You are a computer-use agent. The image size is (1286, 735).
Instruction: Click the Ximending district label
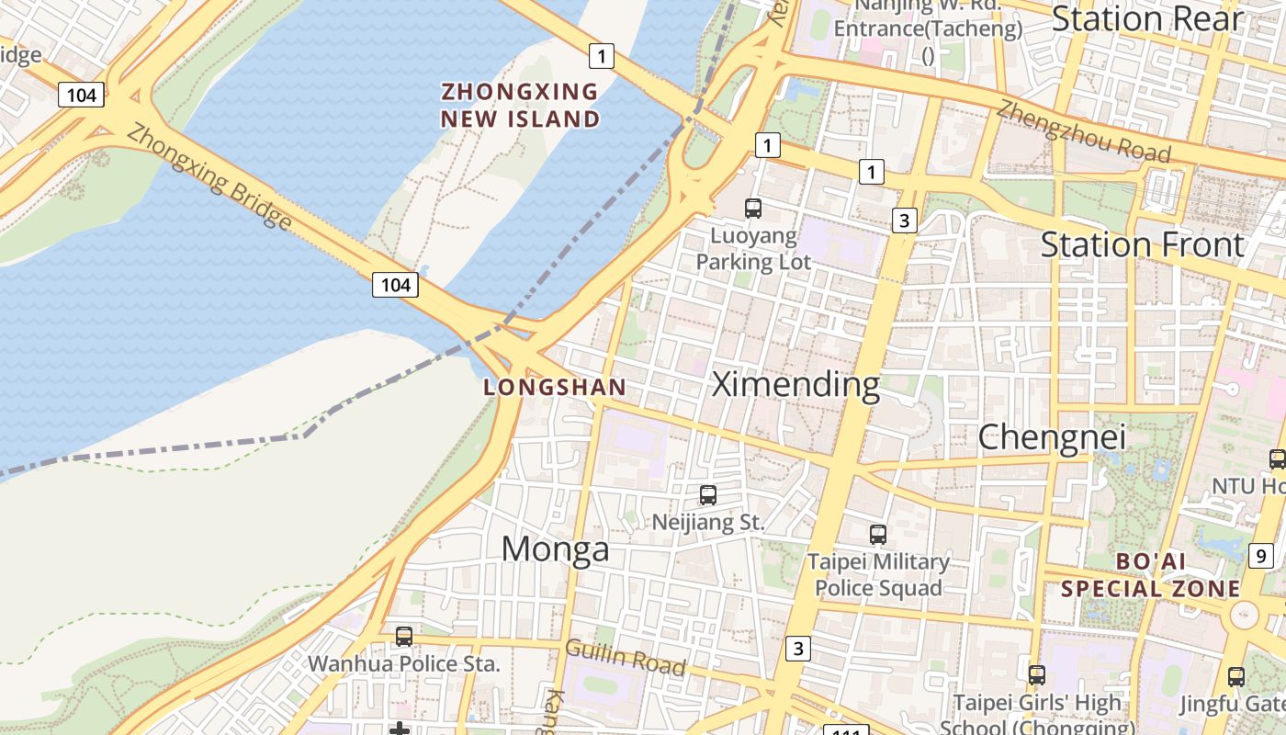(x=795, y=384)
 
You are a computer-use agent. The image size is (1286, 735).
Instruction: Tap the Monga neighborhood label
(x=555, y=548)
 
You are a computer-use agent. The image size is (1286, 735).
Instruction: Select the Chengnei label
(x=1051, y=437)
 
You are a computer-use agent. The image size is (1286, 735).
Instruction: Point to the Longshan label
(x=555, y=388)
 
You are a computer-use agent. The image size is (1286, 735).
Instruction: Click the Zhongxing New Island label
(x=520, y=106)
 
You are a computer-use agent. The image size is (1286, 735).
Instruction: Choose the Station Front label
(x=1142, y=244)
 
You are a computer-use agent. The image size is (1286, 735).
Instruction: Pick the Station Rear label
(x=1146, y=18)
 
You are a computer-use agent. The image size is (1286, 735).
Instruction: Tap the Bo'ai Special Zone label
(x=1150, y=575)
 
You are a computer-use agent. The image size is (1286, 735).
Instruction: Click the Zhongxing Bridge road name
(x=209, y=176)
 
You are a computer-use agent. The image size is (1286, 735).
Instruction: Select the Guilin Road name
(x=625, y=657)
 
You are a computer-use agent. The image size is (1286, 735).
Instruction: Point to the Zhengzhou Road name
(x=1084, y=130)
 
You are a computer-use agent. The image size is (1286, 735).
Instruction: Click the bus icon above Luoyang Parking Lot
(x=753, y=209)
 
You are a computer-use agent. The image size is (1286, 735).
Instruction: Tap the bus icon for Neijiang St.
(x=708, y=495)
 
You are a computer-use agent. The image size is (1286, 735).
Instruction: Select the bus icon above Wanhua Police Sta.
(x=403, y=636)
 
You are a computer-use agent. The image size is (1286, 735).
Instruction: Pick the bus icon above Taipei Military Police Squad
(x=878, y=534)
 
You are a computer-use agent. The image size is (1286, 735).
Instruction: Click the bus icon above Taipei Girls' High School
(x=1037, y=674)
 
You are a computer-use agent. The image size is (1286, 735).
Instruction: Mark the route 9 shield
(x=1261, y=555)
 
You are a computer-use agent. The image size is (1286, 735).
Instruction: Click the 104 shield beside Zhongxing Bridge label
(x=395, y=285)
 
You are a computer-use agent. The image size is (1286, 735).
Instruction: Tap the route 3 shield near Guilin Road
(x=798, y=649)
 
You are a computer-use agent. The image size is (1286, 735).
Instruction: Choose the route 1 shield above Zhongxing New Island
(x=601, y=57)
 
